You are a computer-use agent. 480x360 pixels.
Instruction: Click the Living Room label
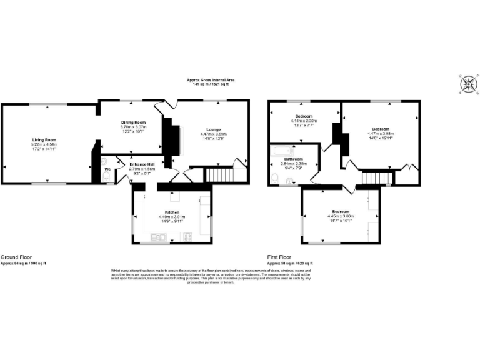tap(45, 139)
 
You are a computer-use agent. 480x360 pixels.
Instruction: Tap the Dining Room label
tap(133, 122)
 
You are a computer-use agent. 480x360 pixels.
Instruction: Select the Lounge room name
tap(213, 129)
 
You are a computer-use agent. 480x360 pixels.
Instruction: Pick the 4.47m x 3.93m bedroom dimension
tap(381, 133)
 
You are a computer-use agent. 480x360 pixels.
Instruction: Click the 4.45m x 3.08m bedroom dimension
tap(340, 216)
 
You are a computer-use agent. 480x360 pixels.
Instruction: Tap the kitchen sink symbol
tap(157, 236)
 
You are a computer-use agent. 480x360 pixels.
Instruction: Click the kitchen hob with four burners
tap(187, 236)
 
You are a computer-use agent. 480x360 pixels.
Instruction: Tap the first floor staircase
tap(371, 179)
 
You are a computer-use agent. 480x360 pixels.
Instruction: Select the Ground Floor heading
tap(17, 257)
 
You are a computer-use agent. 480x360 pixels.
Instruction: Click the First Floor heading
tap(279, 257)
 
